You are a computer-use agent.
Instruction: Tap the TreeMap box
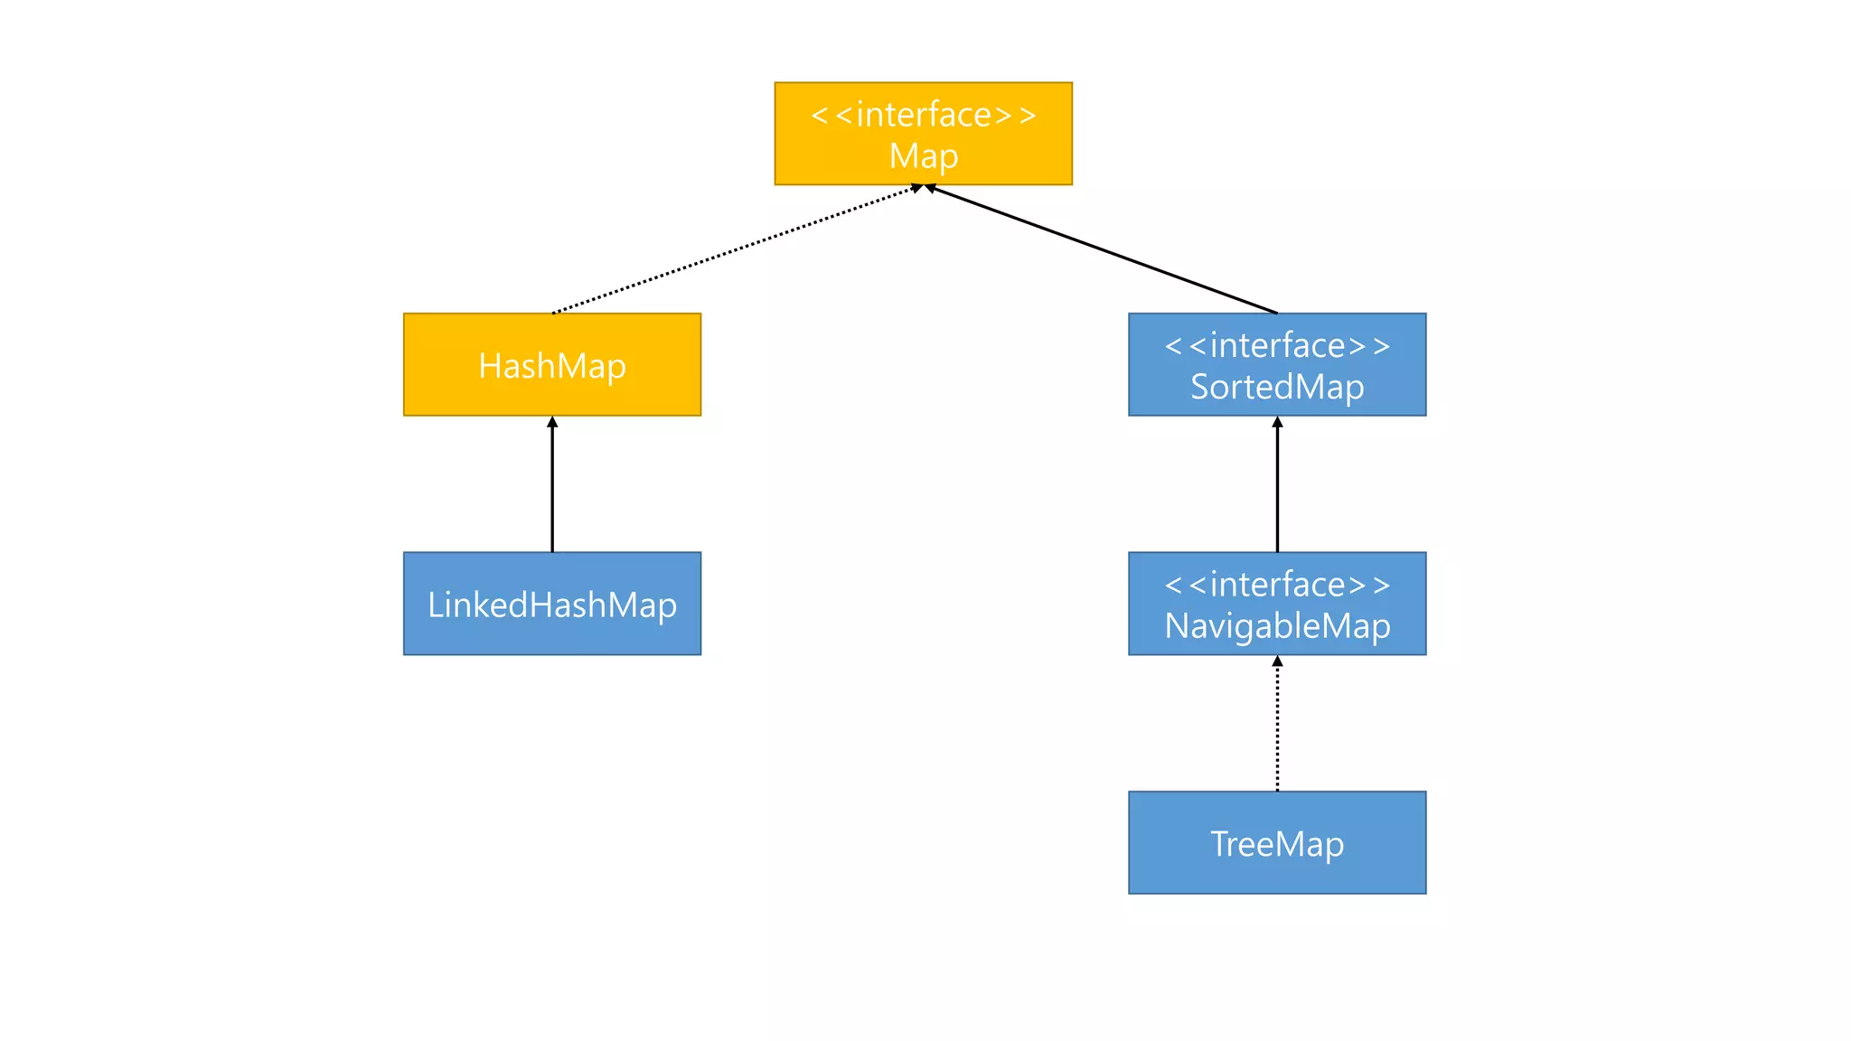pos(1175,872)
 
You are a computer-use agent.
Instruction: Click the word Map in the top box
pos(923,156)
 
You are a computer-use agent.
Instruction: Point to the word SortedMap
pos(1276,387)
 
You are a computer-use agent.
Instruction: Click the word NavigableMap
pos(1276,626)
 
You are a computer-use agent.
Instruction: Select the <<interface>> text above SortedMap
pos(1276,345)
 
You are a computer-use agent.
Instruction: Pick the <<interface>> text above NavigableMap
pos(1276,585)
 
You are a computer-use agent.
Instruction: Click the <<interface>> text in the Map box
pos(923,115)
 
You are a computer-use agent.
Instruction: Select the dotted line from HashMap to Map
pos(732,250)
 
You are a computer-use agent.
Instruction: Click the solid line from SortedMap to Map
pos(1103,250)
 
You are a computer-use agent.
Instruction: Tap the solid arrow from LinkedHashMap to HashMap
pos(552,488)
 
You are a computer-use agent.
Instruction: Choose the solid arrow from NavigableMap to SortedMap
pos(1277,488)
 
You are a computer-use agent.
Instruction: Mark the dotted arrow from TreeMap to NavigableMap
pos(1277,727)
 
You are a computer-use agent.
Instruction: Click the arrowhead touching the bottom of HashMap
pos(552,422)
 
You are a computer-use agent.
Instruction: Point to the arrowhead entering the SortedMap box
pos(1277,422)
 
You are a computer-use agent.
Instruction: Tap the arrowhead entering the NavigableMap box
pos(1277,661)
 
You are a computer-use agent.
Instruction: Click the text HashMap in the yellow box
pos(552,366)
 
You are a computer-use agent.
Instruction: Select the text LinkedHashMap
pos(552,605)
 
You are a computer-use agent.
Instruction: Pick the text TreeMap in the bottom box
pos(1276,844)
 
